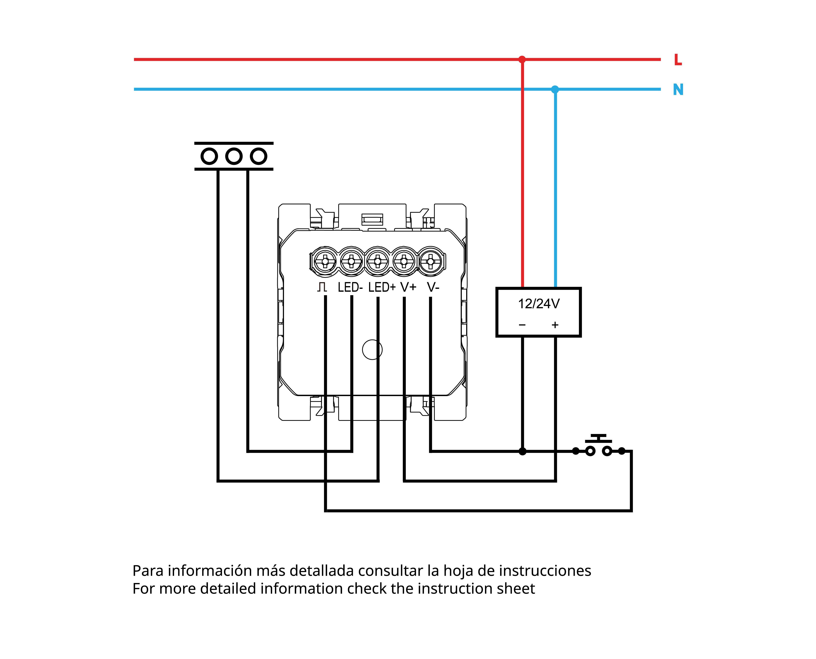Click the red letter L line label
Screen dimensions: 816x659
pyautogui.click(x=678, y=60)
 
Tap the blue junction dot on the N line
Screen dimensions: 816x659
pyautogui.click(x=555, y=89)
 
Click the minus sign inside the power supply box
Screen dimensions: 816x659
pyautogui.click(x=522, y=325)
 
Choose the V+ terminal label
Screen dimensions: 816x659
pyautogui.click(x=408, y=287)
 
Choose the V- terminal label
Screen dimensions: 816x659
pyautogui.click(x=433, y=287)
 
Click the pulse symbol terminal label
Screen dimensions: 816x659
pyautogui.click(x=322, y=287)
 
